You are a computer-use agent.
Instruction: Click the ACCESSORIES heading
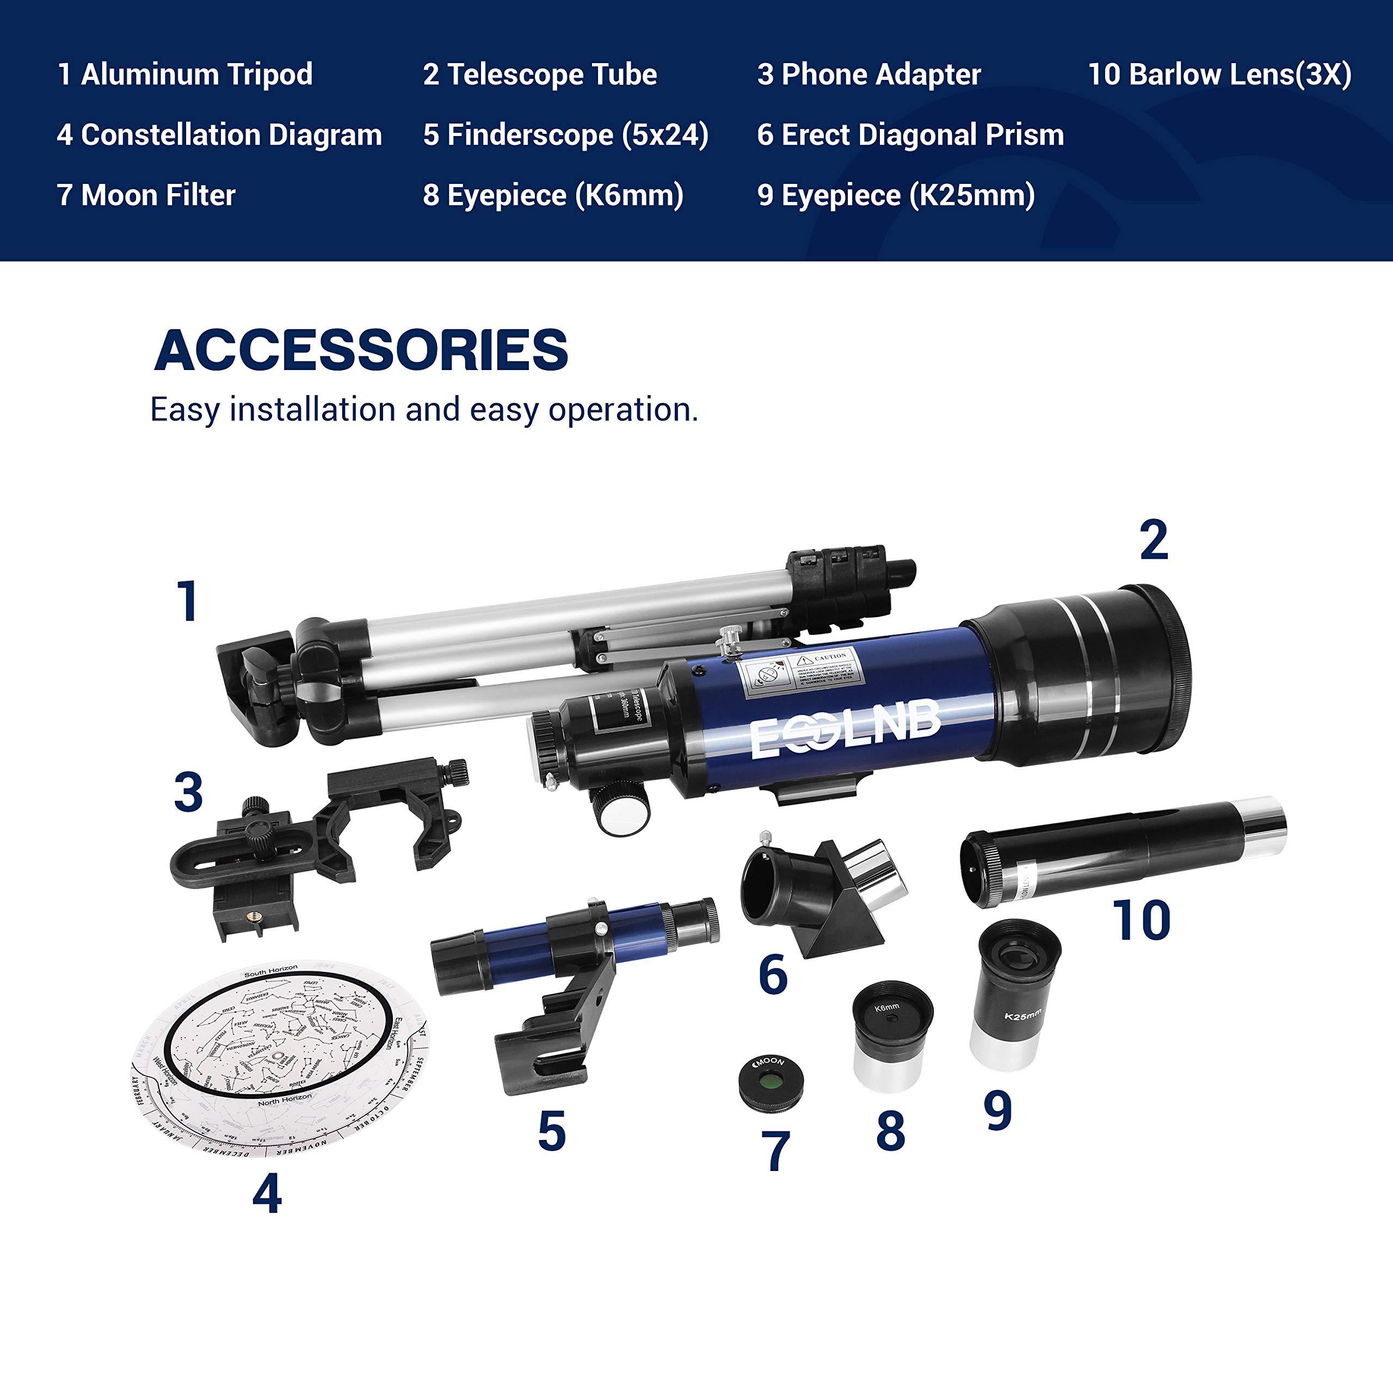click(x=361, y=350)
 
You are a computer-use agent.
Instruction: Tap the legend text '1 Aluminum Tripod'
click(x=186, y=74)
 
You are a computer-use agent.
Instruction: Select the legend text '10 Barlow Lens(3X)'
click(x=1219, y=74)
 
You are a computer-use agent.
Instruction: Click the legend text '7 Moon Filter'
click(x=146, y=195)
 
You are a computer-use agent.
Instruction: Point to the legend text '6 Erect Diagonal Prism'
click(x=910, y=135)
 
